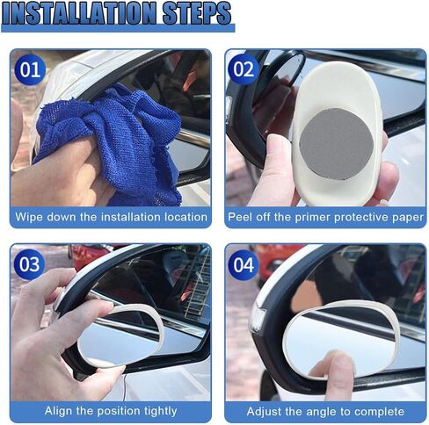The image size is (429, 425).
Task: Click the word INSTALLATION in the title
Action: click(x=80, y=13)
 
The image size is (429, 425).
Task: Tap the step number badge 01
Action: click(x=30, y=69)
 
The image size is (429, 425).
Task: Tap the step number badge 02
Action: click(x=244, y=69)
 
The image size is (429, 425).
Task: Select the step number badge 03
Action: click(x=29, y=264)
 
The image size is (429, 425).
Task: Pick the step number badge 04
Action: click(x=244, y=265)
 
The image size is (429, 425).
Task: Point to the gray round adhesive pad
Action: click(x=337, y=144)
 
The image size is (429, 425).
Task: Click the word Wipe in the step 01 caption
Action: click(x=29, y=217)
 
